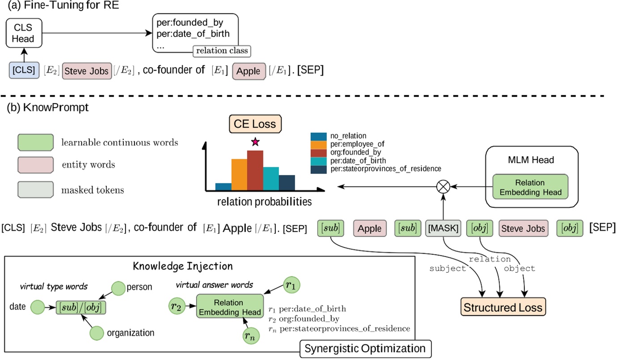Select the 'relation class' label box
[221, 51]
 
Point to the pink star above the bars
[255, 142]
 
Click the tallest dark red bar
[255, 170]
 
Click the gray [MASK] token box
[442, 229]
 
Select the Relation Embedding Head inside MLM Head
[530, 186]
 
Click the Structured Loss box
[503, 307]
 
